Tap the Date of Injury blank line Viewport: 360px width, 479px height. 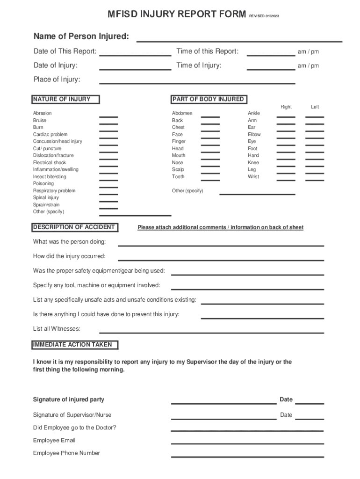point(135,69)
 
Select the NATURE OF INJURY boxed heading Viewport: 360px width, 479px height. point(61,99)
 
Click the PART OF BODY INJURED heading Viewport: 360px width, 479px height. point(208,99)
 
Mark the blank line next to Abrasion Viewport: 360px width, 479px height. point(108,116)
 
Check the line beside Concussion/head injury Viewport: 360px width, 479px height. point(108,145)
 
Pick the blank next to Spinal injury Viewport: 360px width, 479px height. point(108,201)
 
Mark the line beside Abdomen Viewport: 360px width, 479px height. point(210,116)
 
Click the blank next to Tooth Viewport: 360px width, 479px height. point(210,180)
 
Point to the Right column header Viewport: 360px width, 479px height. point(286,107)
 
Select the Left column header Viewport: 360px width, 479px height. point(315,107)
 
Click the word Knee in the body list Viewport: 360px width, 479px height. point(253,163)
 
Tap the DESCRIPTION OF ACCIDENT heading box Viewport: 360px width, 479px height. point(74,227)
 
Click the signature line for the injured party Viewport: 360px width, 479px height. point(223,403)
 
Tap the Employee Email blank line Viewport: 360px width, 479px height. point(247,443)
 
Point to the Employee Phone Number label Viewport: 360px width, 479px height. point(66,453)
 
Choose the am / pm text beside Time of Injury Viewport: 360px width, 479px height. point(308,66)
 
